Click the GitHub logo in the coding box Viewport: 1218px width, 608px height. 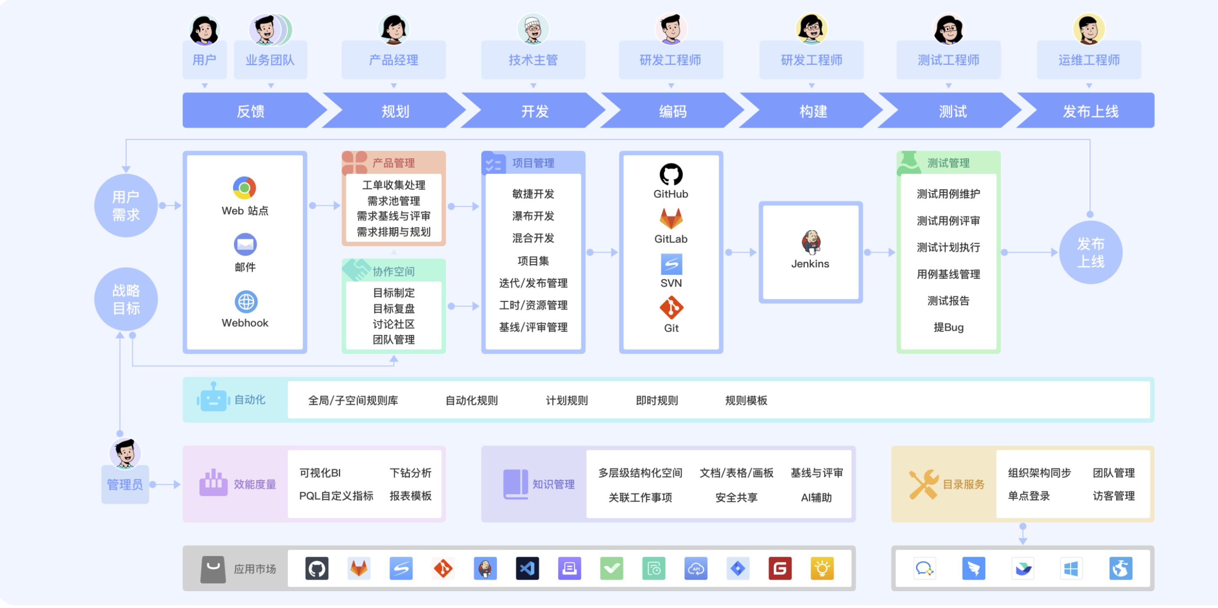click(671, 175)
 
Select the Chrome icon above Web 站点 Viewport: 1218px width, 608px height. click(244, 188)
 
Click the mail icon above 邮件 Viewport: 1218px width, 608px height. click(245, 244)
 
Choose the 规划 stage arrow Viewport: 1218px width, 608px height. click(395, 111)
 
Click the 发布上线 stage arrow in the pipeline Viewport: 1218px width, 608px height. click(1089, 111)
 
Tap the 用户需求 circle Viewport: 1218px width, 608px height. click(126, 206)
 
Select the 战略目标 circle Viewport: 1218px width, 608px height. click(126, 299)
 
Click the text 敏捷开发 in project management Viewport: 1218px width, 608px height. click(533, 194)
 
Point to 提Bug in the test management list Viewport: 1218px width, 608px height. click(948, 327)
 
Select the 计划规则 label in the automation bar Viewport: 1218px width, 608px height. click(566, 401)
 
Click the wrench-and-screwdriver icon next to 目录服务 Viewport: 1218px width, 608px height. click(923, 484)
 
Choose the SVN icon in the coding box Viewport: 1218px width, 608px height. click(671, 264)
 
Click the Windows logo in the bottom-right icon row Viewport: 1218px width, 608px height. click(1070, 568)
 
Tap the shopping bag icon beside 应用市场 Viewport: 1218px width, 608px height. click(213, 569)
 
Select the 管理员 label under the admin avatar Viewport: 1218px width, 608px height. click(125, 485)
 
